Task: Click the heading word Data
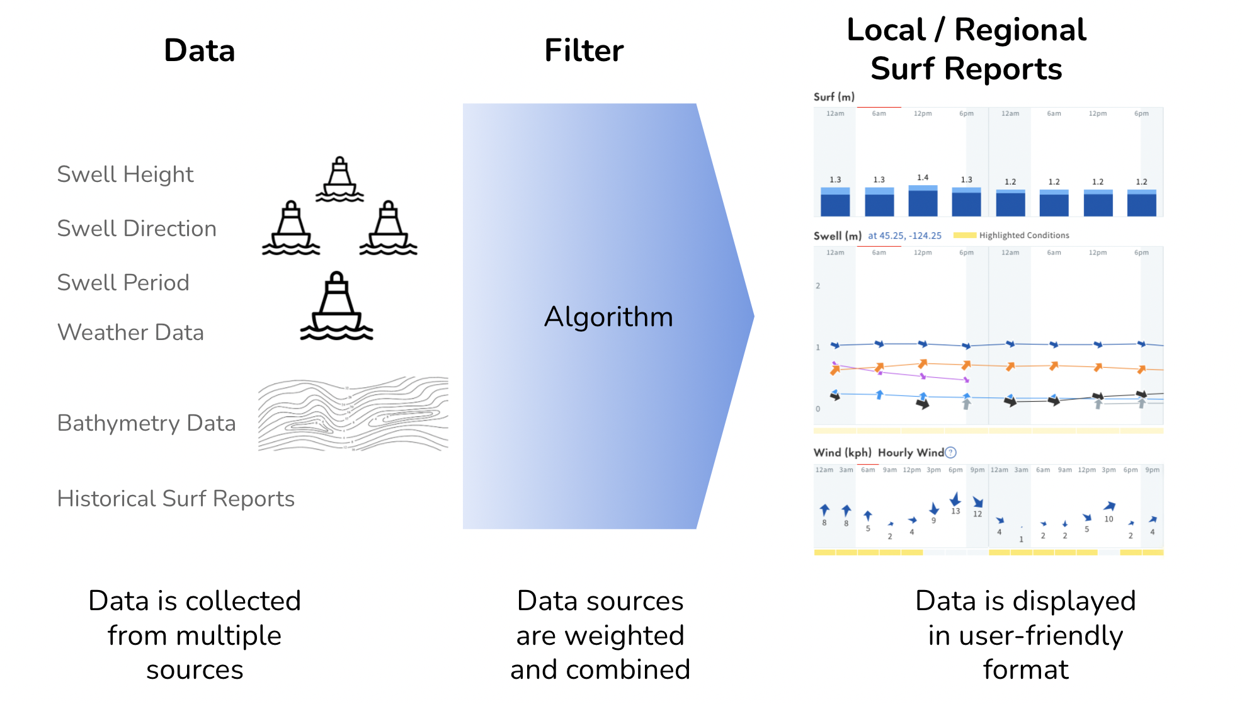point(199,51)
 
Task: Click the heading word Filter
point(584,51)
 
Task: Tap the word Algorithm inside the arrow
point(608,317)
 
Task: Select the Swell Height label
point(125,174)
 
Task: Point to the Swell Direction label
point(137,229)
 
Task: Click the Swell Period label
point(123,283)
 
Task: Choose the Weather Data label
point(130,332)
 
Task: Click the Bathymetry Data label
point(146,423)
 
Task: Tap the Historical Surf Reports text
point(176,499)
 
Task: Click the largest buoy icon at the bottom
point(337,307)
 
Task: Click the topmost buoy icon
point(340,180)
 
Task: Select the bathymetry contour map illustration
point(353,414)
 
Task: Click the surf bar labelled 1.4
point(923,201)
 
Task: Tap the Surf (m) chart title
point(834,97)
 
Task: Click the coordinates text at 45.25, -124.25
point(904,236)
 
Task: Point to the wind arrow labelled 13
point(955,500)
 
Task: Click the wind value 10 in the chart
point(1108,519)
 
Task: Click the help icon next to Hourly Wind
point(951,453)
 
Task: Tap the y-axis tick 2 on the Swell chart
point(818,286)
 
